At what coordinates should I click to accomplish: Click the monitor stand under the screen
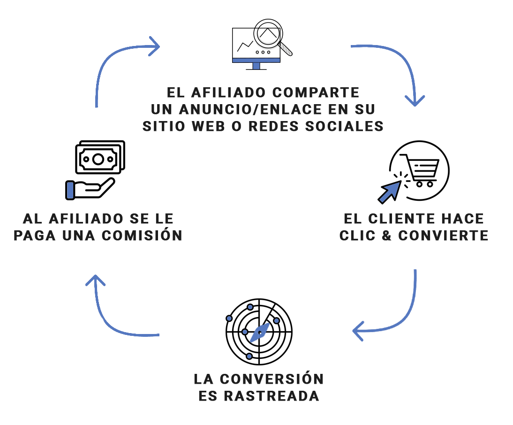pos(256,66)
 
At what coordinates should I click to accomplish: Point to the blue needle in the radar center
pos(259,332)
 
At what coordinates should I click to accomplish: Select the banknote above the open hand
pos(98,159)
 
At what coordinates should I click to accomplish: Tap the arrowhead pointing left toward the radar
pos(358,331)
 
